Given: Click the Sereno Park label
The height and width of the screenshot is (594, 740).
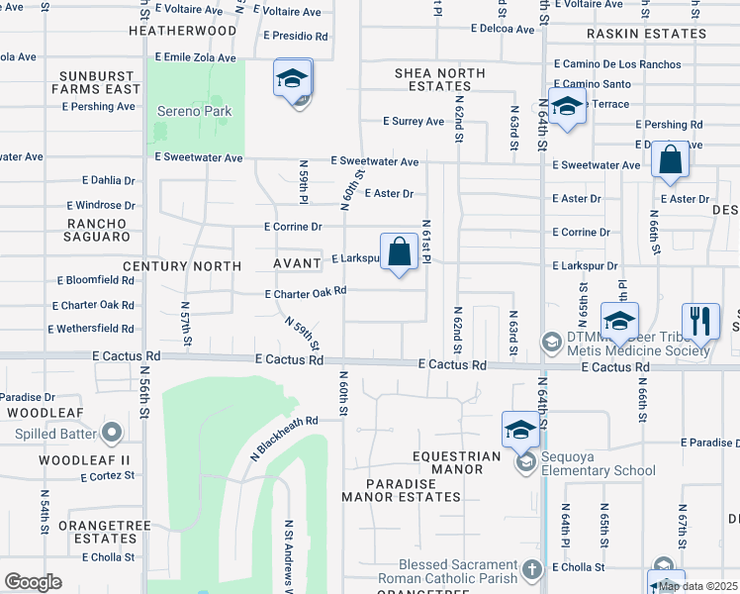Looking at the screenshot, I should click(195, 111).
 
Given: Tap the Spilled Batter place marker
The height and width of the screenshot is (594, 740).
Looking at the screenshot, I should click(112, 433).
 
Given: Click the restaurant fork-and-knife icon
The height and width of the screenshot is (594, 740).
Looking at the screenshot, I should click(700, 320).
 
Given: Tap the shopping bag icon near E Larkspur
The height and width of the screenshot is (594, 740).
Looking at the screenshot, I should click(400, 251).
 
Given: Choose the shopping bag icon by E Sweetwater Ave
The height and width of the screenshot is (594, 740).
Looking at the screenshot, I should click(671, 160).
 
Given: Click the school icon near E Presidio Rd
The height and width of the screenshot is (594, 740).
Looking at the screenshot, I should click(293, 78).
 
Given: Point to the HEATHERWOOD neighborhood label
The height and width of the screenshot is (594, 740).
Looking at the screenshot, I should click(183, 31).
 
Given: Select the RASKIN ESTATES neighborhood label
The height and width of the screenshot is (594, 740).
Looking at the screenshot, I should click(647, 34).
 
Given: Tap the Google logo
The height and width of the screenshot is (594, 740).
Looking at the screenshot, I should click(33, 581).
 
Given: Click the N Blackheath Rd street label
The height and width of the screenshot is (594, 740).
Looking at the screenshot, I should click(284, 437).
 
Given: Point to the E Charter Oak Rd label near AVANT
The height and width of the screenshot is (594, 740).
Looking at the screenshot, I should click(306, 292).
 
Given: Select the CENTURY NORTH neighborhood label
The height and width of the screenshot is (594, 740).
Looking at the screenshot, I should click(182, 266).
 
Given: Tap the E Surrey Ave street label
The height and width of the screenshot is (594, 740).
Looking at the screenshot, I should click(414, 122).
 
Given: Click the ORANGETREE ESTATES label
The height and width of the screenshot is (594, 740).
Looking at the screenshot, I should click(97, 532).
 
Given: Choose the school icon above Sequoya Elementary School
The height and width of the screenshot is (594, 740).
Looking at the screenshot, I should click(520, 430).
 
